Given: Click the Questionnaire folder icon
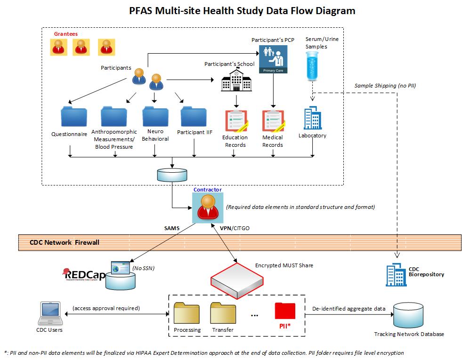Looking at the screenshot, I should coord(74,117).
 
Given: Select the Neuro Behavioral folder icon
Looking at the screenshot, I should coord(155,116).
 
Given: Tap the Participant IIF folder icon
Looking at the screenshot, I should coord(194,116).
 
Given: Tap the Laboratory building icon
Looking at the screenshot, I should coord(312,118).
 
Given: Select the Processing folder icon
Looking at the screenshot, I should coord(187,312).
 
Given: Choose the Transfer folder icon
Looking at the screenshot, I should coord(223,312).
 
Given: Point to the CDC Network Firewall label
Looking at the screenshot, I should coord(65,243).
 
